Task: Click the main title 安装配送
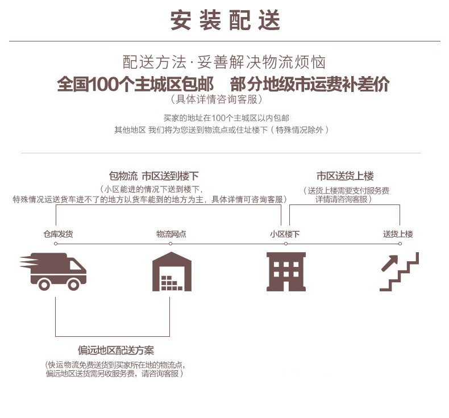225,20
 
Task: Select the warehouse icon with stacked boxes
172,271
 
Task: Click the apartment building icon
286,271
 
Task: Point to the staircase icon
400,271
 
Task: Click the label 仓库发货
58,234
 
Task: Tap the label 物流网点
171,234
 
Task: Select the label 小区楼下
285,234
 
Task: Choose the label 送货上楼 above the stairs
398,234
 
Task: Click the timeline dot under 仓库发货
56,244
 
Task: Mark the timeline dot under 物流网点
171,244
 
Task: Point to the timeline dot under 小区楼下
286,244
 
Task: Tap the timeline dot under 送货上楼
400,244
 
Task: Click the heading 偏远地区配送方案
116,350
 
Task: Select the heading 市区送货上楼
345,175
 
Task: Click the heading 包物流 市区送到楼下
154,175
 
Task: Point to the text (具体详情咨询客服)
217,99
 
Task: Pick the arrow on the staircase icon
390,263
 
